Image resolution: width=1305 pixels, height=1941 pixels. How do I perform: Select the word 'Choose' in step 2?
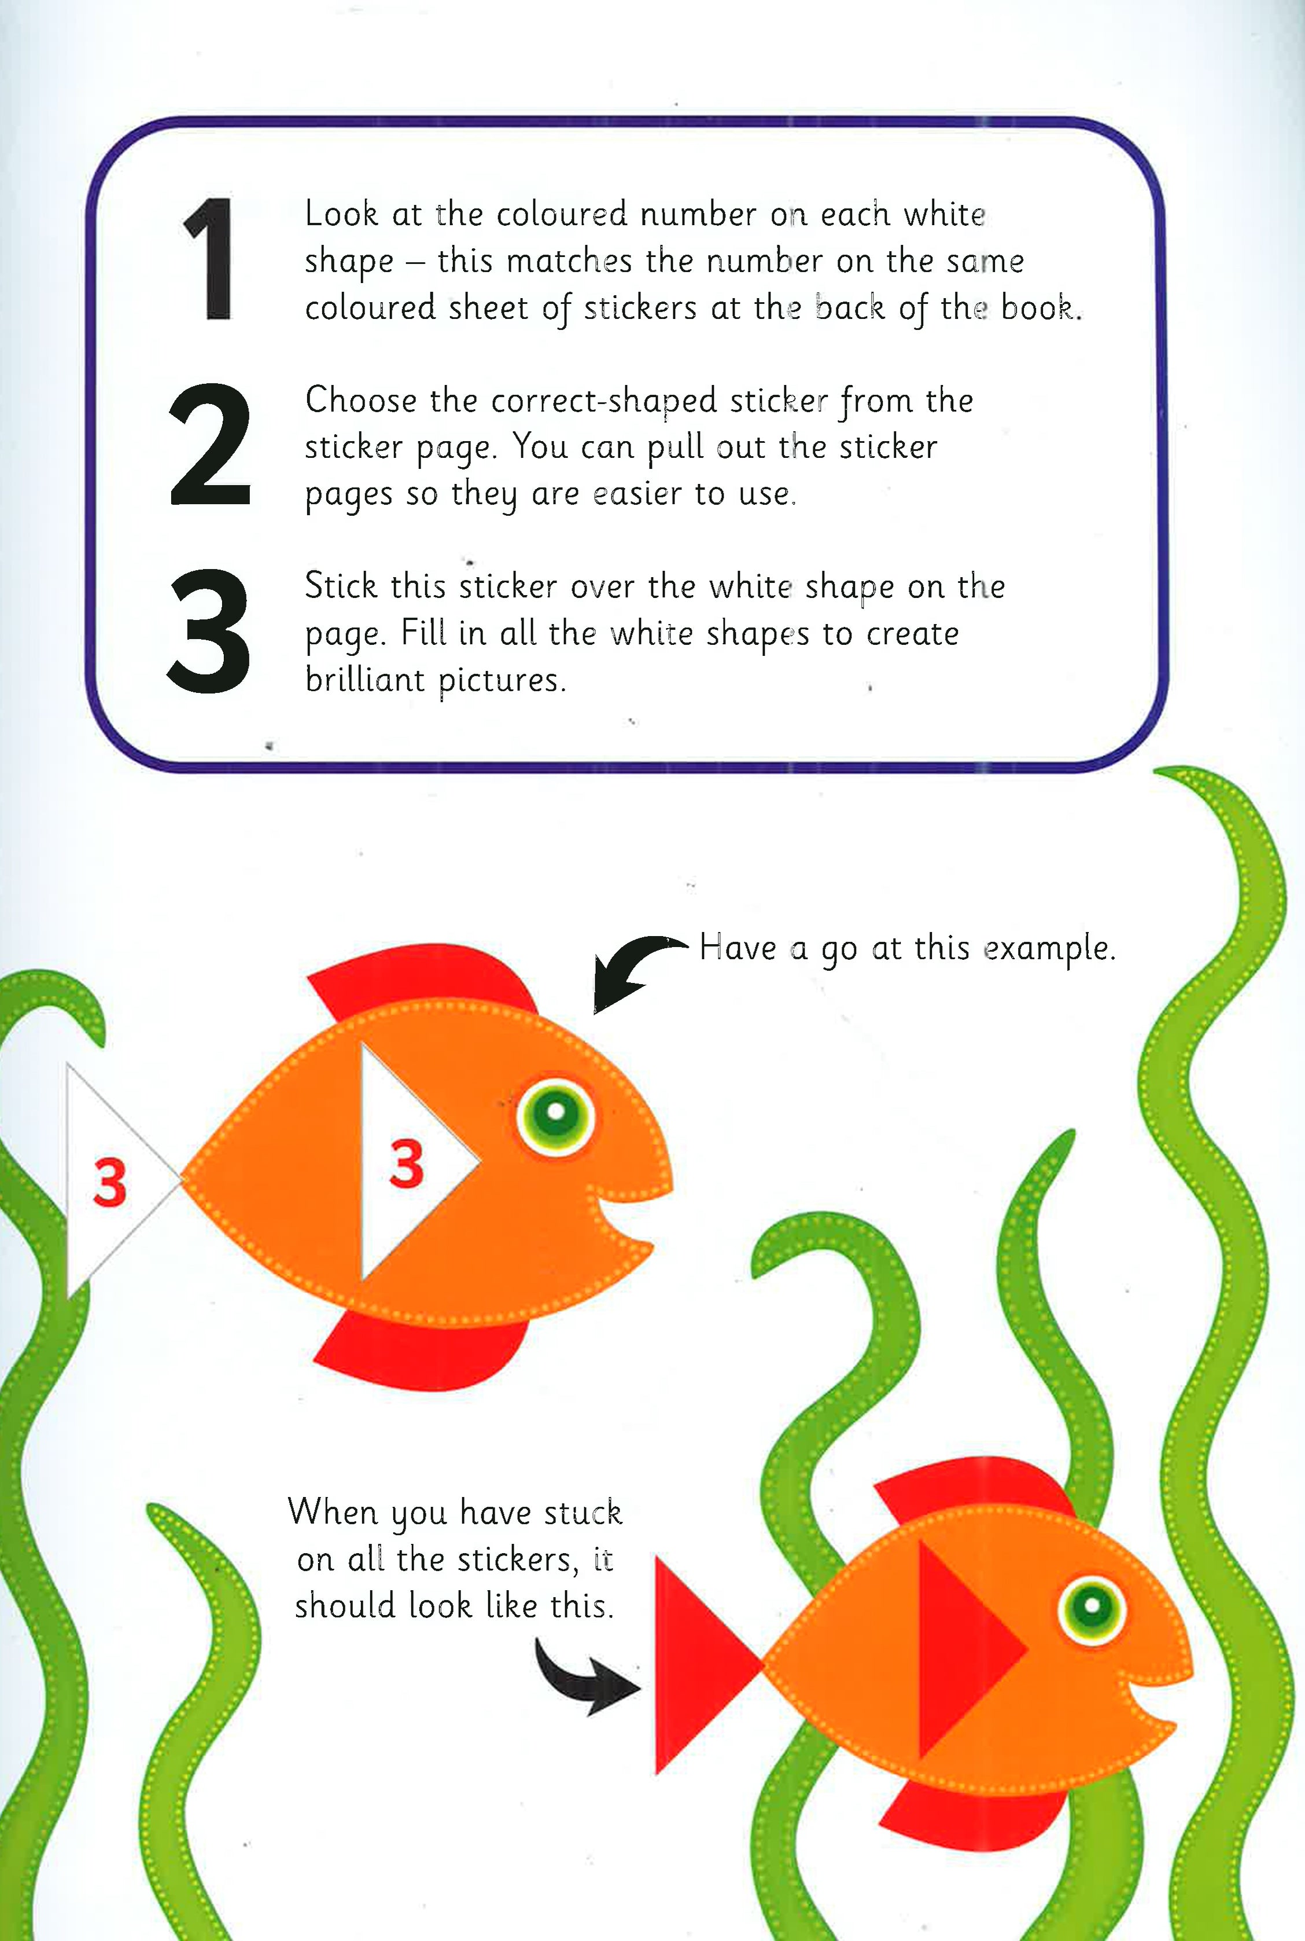point(360,401)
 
